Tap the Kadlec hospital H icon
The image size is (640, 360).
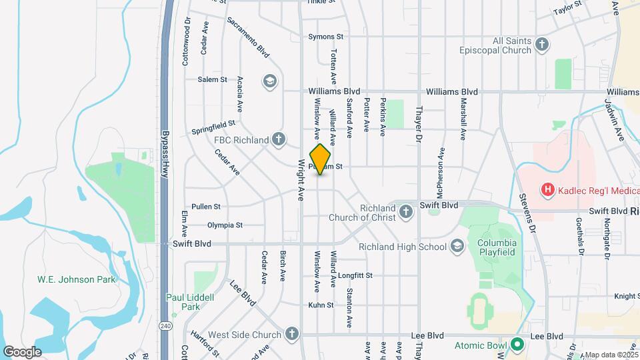click(547, 190)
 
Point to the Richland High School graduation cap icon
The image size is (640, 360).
click(457, 247)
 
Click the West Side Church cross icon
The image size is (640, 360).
click(291, 334)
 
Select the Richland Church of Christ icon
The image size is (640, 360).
click(406, 213)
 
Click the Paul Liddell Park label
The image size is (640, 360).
click(191, 302)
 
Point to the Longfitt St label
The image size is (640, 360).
click(355, 275)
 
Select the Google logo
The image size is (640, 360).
click(23, 352)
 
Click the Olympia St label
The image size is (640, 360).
click(225, 225)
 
